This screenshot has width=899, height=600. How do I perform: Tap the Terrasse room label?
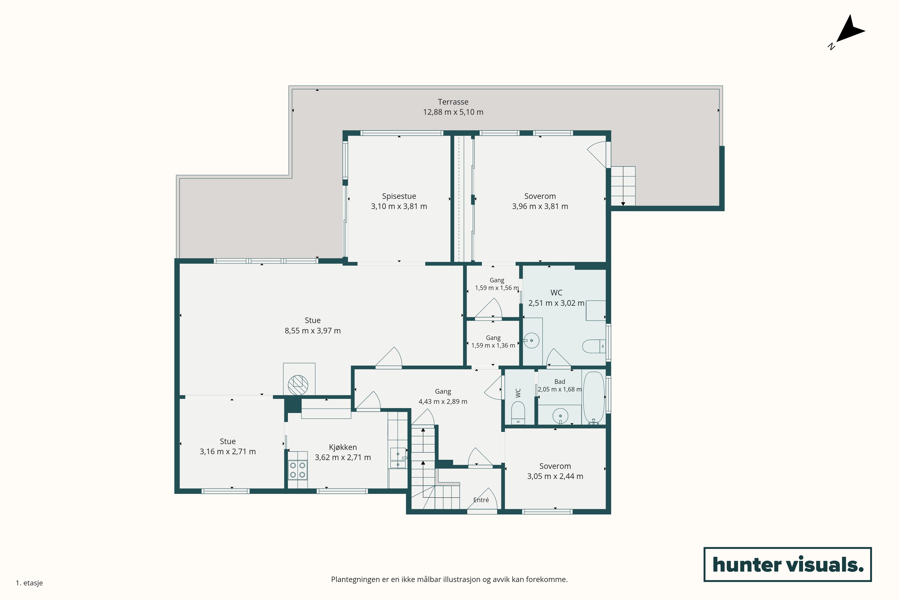coord(453,102)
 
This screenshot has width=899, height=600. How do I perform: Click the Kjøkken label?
coord(343,447)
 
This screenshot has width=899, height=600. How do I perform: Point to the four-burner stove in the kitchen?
coord(297,470)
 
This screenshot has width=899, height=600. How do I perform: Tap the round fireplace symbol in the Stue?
coord(298,385)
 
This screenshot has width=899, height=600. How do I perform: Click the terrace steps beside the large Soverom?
coord(623,186)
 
